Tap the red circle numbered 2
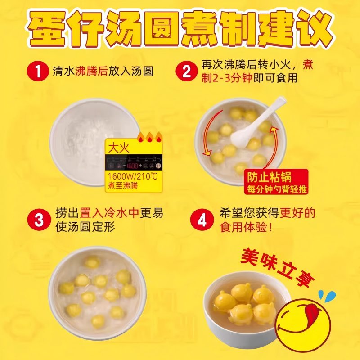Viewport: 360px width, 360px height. coord(186,71)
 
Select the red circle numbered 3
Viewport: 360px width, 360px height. coord(39,220)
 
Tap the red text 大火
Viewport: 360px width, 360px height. coord(119,148)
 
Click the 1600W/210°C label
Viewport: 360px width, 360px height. coord(133,176)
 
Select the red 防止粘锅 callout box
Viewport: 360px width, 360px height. coord(276,182)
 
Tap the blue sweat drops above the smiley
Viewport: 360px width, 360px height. coord(327,296)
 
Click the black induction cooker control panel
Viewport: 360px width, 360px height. coord(134,163)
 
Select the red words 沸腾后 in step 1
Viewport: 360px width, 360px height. coord(92,71)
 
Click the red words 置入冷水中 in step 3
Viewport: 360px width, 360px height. coord(109,212)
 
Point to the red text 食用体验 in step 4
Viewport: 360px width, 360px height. coord(243,227)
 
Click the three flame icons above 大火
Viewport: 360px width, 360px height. coord(150,137)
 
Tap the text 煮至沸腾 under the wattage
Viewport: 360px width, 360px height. coord(122,186)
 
